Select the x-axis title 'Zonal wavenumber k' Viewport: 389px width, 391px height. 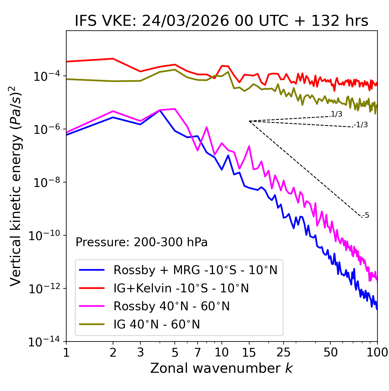click(221, 368)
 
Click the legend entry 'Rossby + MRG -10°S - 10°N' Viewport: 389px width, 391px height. click(195, 270)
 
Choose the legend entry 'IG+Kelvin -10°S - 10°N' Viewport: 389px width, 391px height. click(181, 288)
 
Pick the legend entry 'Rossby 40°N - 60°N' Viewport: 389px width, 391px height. click(171, 306)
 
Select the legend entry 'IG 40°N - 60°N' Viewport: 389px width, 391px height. click(157, 325)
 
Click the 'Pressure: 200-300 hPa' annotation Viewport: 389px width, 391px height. click(141, 242)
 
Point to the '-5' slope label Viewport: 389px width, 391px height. click(366, 215)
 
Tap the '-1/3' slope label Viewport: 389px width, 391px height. click(361, 125)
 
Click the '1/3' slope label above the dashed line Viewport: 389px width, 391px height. click(336, 114)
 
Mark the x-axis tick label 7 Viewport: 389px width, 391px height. click(198, 352)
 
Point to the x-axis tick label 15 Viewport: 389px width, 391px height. click(249, 352)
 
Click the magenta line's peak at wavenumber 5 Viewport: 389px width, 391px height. click(175, 109)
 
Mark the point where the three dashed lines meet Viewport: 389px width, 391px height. click(249, 121)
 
